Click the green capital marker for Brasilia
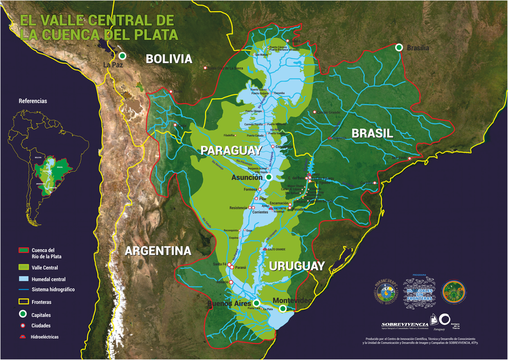[399, 47]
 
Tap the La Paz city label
[113, 65]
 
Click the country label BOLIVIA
[169, 59]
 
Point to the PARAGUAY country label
[231, 151]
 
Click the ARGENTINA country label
[158, 251]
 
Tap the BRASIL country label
[372, 133]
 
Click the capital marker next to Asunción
[269, 177]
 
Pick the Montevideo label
[292, 301]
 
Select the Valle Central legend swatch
[24, 267]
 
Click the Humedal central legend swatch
[24, 279]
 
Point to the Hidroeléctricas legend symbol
[24, 337]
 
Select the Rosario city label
[223, 282]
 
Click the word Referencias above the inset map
[33, 101]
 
